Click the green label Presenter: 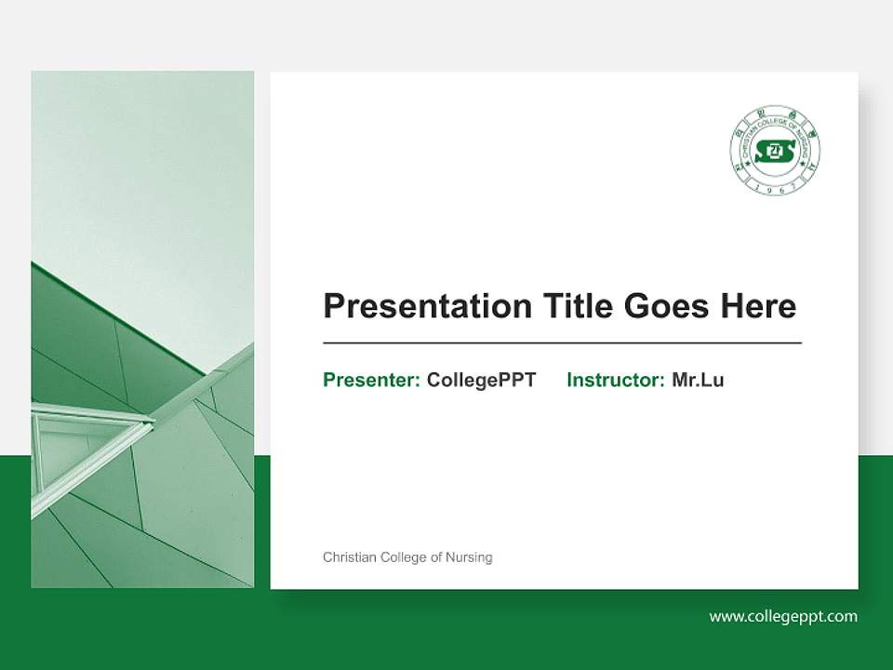(371, 380)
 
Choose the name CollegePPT (481, 380)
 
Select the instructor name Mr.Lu (698, 380)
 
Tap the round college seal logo (775, 151)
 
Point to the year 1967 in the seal (775, 188)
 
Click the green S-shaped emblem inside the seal (775, 151)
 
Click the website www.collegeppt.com (783, 616)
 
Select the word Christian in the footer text (349, 557)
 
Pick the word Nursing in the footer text (470, 557)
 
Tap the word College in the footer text (404, 557)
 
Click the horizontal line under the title (562, 343)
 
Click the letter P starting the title (333, 306)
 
